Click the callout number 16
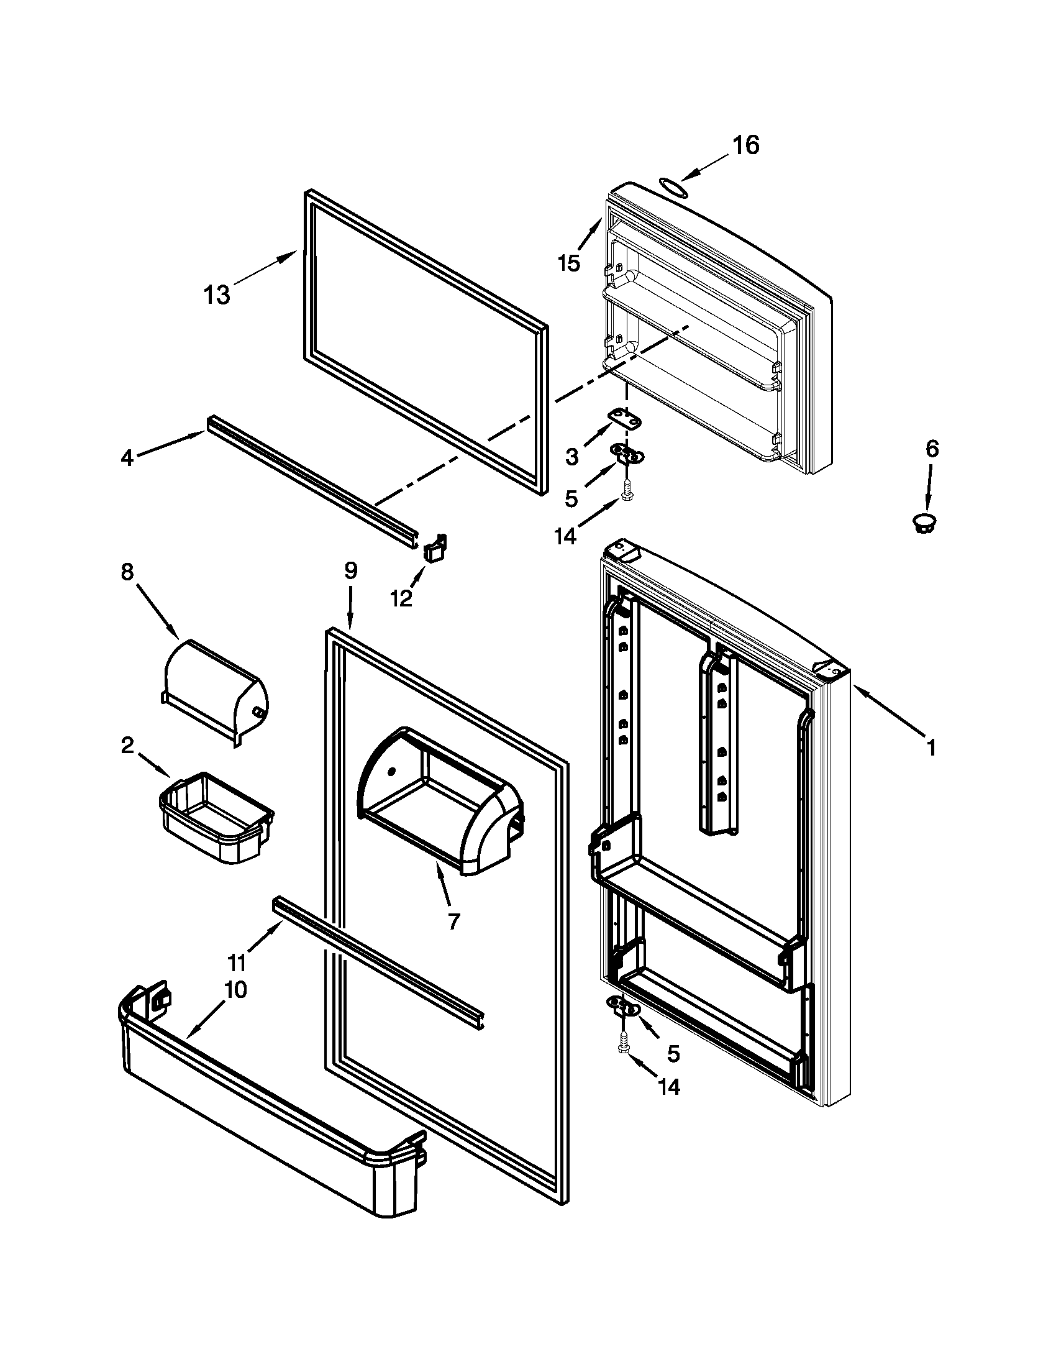(745, 145)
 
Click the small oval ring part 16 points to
(671, 186)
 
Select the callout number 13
(217, 294)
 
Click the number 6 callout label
(932, 449)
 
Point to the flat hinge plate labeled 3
(626, 418)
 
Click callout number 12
(402, 599)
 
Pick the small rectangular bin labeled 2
(216, 816)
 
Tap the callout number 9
(350, 570)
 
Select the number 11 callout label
(237, 961)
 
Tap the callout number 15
(569, 263)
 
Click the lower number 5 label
(673, 1054)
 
